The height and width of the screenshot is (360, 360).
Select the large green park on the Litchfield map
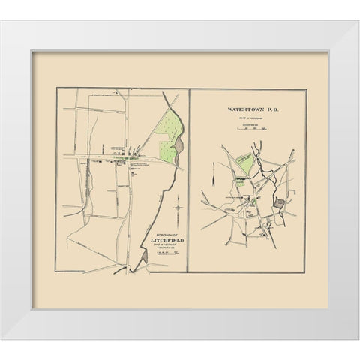click(x=169, y=127)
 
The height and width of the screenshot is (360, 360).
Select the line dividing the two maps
click(x=187, y=180)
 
